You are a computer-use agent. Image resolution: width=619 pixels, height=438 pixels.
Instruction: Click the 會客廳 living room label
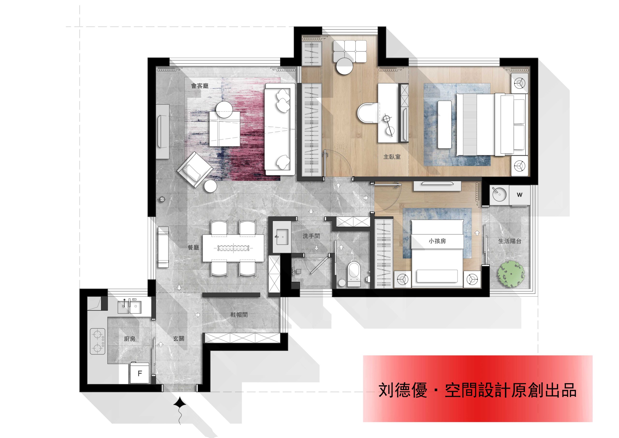tap(200, 86)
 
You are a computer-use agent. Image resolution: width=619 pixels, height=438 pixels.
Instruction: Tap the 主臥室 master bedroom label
tap(392, 157)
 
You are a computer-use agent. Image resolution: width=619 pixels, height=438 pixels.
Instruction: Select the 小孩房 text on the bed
tap(437, 241)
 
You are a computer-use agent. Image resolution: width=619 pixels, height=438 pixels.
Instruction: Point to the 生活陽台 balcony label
tap(509, 241)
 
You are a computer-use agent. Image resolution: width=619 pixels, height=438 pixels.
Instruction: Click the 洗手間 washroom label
tap(311, 236)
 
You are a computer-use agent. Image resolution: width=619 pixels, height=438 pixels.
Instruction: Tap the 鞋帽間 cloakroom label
tap(239, 315)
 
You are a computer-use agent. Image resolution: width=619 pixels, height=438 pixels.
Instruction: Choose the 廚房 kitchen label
tap(130, 339)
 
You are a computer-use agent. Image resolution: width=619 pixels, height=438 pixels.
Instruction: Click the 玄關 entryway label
tap(179, 338)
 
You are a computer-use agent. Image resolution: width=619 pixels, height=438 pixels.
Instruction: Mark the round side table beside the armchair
tap(210, 186)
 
